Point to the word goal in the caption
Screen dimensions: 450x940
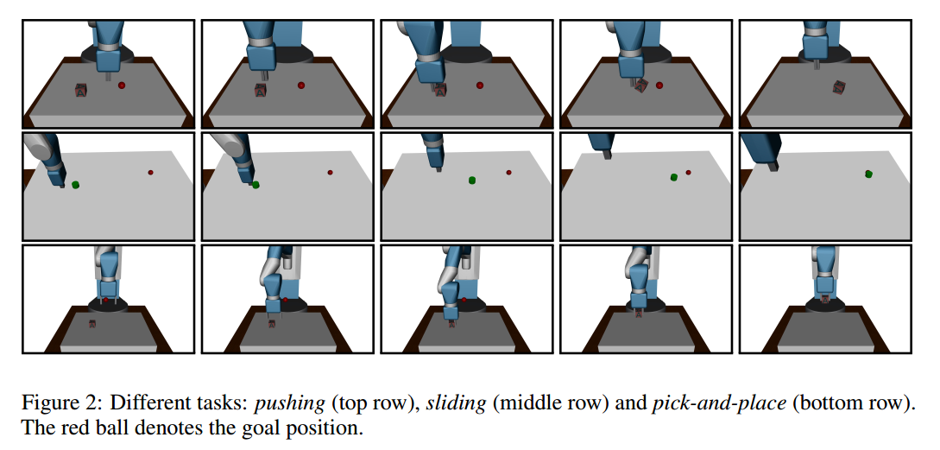257,428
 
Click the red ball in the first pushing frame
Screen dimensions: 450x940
122,85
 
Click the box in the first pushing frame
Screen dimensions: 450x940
81,90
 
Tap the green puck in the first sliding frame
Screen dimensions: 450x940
76,184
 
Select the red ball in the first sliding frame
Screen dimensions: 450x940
150,173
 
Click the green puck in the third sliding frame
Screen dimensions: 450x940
472,180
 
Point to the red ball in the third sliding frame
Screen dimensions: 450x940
508,173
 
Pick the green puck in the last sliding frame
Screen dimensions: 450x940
868,174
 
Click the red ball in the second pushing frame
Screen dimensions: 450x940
300,85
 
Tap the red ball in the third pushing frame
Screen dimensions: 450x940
479,86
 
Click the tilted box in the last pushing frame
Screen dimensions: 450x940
838,86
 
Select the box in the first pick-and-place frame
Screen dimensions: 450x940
92,324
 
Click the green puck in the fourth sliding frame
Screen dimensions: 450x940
673,177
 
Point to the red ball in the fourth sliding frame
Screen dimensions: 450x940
688,173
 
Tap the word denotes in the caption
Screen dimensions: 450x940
192,428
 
